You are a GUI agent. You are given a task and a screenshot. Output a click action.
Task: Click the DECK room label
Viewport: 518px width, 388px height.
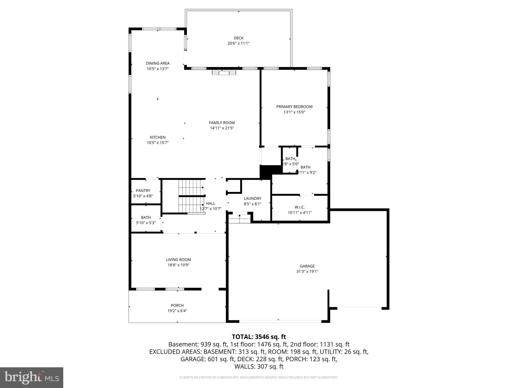(x=238, y=38)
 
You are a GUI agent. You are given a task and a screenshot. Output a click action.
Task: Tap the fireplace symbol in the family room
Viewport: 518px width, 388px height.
(x=224, y=73)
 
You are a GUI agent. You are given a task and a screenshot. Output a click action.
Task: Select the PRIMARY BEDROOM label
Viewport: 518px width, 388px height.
(x=294, y=107)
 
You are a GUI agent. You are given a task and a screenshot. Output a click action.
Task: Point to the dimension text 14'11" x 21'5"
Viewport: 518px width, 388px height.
(x=222, y=128)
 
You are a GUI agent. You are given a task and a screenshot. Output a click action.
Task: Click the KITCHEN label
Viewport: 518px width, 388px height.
(x=158, y=137)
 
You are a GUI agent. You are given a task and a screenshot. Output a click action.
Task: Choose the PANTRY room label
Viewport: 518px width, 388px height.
(x=143, y=191)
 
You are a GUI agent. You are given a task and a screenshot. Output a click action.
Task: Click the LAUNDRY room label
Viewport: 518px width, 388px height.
(x=252, y=199)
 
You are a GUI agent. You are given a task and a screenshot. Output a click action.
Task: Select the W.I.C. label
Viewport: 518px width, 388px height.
(x=299, y=207)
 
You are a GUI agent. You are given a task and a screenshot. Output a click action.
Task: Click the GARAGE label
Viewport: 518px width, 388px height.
(x=307, y=266)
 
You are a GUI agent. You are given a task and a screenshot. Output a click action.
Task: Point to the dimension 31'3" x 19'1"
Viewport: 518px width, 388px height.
(x=307, y=272)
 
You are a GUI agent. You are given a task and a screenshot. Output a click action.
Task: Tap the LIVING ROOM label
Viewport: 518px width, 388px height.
(x=178, y=260)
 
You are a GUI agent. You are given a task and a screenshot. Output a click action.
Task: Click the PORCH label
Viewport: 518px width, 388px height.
(x=177, y=305)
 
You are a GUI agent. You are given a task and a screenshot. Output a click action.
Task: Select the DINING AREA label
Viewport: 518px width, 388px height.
(x=158, y=63)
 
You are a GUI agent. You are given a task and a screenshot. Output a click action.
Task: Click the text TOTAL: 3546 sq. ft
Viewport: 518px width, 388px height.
(x=259, y=337)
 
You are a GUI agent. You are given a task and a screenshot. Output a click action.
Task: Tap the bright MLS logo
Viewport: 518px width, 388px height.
(x=32, y=377)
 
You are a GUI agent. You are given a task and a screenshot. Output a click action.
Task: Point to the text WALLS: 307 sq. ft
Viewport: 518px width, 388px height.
(x=259, y=367)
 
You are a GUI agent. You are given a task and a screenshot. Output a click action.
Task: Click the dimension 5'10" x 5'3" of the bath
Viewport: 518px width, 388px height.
(x=146, y=223)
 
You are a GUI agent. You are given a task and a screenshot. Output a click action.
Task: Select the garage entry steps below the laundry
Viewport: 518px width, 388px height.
(x=240, y=218)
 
